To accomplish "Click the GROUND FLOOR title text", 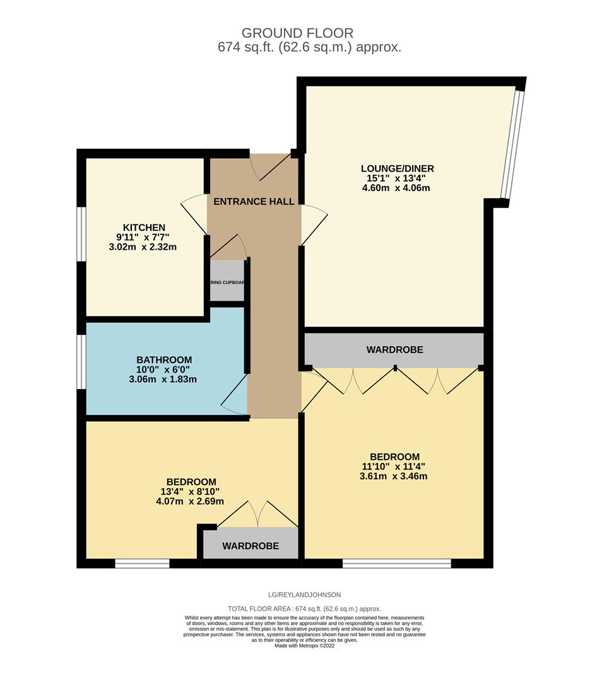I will pos(298,33).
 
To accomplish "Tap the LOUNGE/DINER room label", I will pos(397,168).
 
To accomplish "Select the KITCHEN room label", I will pos(144,228).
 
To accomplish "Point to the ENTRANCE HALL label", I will pos(254,202).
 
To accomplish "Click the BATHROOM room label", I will pos(164,360).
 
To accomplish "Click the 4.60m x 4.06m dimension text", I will pos(397,188).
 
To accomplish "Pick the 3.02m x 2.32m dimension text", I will pos(143,247).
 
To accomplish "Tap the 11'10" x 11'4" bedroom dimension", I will pos(394,467).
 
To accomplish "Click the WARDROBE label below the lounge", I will pos(394,349).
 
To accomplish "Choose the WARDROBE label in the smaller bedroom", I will pos(250,546).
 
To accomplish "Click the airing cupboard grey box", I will pos(227,283).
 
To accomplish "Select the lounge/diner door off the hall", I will pos(314,224).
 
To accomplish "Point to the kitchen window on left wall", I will pos(81,233).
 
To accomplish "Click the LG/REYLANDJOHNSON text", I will pos(304,595).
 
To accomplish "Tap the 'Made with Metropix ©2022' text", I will pos(304,645).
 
